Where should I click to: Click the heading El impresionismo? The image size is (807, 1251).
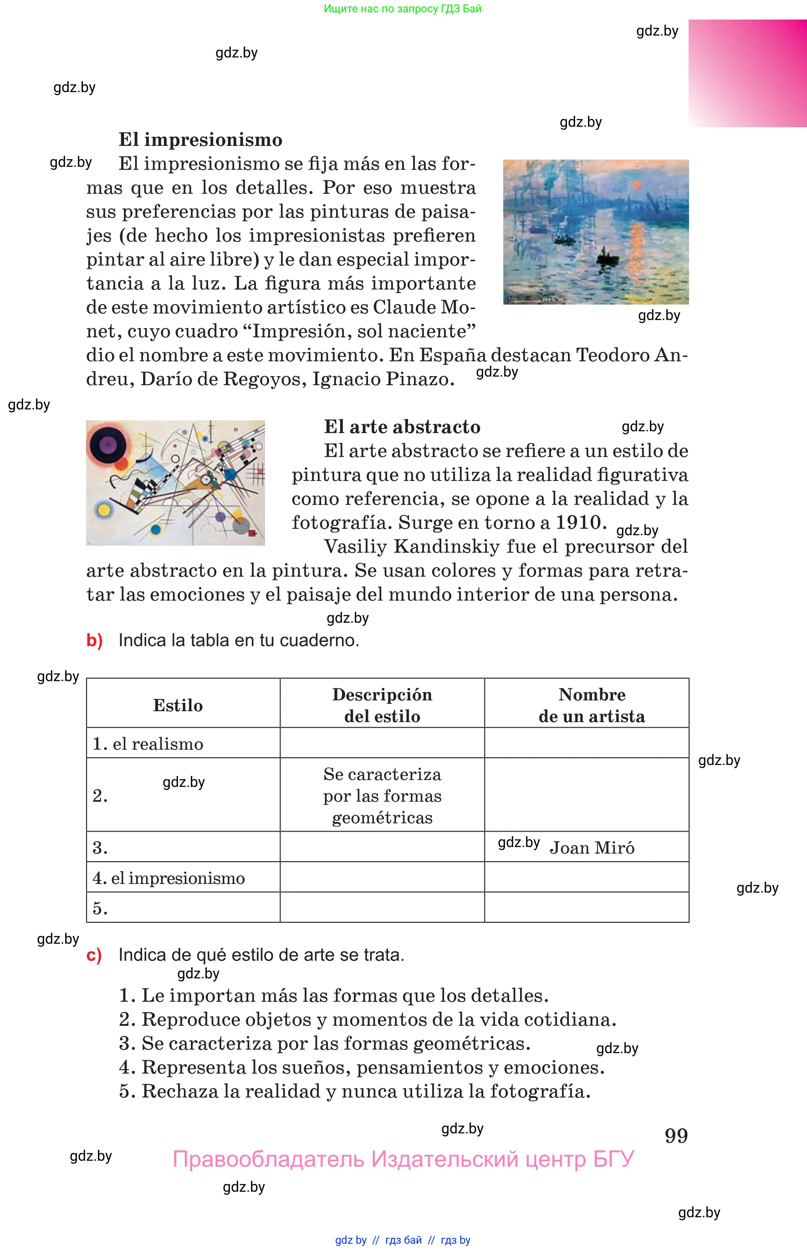(x=200, y=140)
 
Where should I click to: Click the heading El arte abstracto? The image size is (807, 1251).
(x=402, y=427)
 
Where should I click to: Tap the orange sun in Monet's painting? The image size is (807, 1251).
(x=637, y=185)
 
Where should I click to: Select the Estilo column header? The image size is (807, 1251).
(x=178, y=705)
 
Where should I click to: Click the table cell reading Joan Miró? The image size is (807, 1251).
(x=592, y=848)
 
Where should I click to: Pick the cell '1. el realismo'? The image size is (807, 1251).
(x=148, y=744)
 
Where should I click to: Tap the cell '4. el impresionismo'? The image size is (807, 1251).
(x=169, y=878)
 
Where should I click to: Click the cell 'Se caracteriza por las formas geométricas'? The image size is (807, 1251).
(x=382, y=796)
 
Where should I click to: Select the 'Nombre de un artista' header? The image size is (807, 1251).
(x=592, y=705)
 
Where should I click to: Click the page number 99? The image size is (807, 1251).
(x=676, y=1136)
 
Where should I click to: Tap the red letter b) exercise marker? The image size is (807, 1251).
(x=94, y=641)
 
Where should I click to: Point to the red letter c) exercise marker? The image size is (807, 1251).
(x=94, y=955)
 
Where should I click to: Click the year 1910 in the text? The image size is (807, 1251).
(x=578, y=522)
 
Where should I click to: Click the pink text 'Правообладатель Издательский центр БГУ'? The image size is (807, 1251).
(x=403, y=1159)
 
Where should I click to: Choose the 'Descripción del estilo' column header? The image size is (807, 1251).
(x=382, y=705)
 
